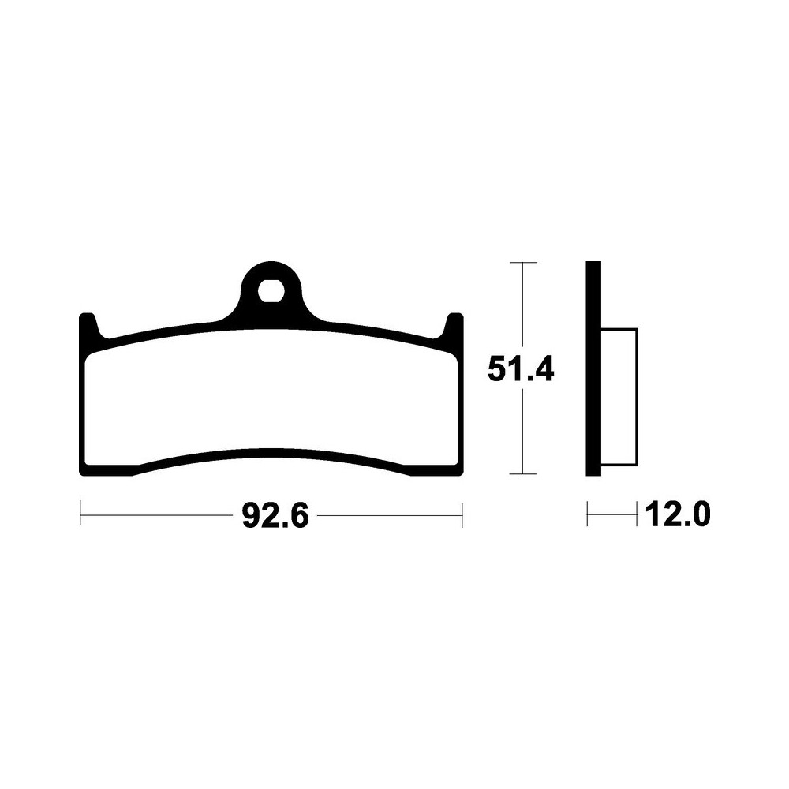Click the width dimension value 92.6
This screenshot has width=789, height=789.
point(275,515)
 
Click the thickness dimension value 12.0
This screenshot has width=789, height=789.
point(679,514)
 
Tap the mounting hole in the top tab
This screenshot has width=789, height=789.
point(271,291)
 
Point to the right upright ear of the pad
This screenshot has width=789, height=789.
point(454,327)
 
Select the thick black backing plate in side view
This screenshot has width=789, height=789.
point(594,368)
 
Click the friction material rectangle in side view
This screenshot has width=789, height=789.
point(619,397)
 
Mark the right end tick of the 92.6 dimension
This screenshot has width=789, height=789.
point(462,514)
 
